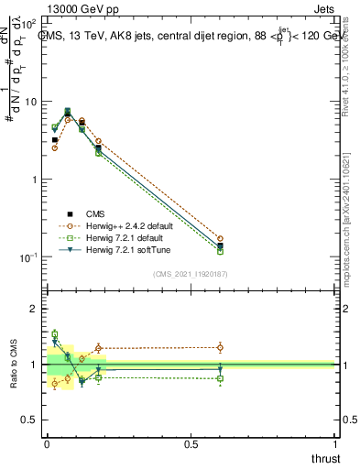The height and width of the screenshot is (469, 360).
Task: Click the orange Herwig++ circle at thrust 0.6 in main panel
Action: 220,238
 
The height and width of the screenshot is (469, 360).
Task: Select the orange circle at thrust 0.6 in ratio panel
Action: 220,347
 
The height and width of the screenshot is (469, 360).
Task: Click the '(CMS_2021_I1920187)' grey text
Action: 191,274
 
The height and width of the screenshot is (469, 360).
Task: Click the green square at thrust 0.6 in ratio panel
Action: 220,378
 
